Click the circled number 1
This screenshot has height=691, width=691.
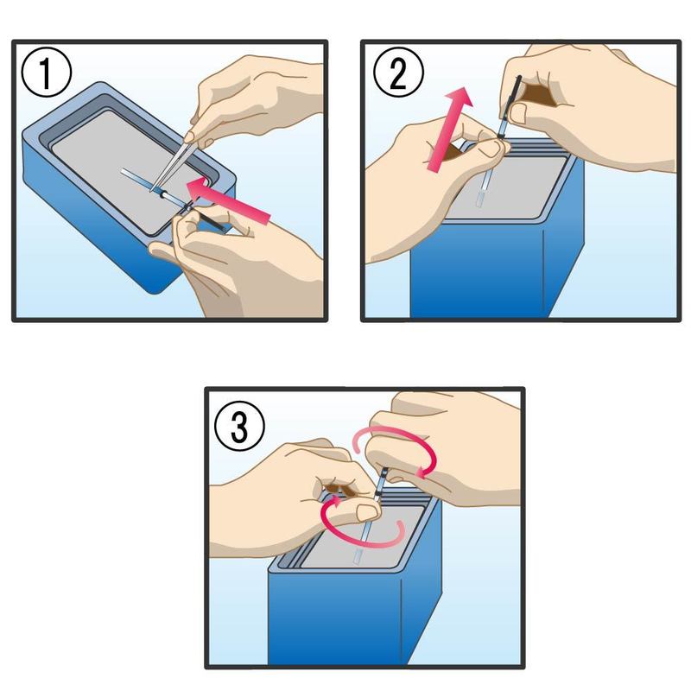(46, 73)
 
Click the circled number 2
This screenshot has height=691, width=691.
(398, 73)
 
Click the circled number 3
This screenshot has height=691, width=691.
(239, 426)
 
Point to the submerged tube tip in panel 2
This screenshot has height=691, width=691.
(480, 200)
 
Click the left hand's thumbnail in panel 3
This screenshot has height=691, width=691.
(366, 512)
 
